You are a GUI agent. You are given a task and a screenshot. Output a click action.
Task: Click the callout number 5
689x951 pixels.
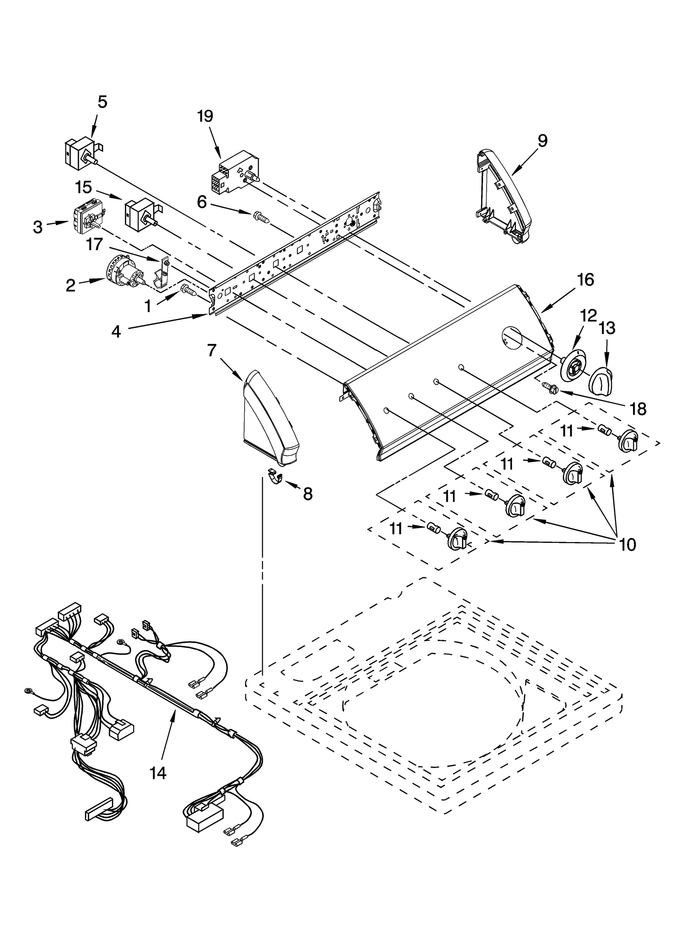(x=102, y=102)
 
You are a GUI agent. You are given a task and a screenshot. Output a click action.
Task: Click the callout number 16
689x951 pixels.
(x=586, y=280)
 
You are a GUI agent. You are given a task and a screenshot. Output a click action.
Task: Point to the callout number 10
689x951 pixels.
(x=627, y=545)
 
